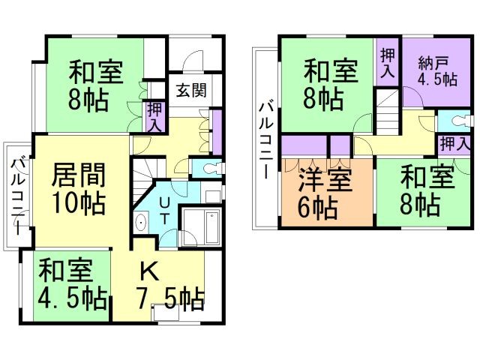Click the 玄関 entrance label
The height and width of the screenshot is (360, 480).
coord(192,90)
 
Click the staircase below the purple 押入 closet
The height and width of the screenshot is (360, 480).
coord(388,112)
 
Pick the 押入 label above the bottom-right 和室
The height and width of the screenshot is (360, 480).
coord(454,143)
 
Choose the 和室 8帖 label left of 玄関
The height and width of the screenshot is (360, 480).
coord(97,85)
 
